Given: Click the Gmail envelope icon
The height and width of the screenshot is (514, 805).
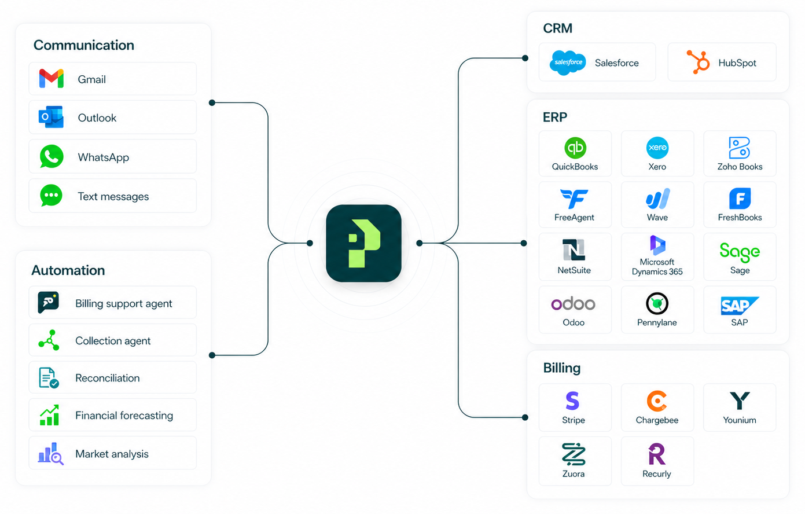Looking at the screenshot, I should click(x=52, y=79).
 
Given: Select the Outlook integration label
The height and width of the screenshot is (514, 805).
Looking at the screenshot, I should click(x=97, y=118).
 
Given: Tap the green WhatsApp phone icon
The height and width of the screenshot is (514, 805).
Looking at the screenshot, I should click(x=52, y=157).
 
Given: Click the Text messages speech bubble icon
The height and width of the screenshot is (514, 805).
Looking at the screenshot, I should click(x=52, y=196).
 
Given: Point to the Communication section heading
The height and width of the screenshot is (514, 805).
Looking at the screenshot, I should click(x=84, y=45).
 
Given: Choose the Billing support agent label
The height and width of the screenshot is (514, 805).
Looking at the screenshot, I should click(x=123, y=303).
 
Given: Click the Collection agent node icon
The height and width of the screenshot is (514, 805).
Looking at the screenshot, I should click(x=49, y=340).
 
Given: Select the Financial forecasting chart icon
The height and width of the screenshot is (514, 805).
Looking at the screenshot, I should click(x=49, y=415).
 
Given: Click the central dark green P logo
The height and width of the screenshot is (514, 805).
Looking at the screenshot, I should click(x=363, y=243).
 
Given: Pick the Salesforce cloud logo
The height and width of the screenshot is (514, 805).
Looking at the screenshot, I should click(x=568, y=63).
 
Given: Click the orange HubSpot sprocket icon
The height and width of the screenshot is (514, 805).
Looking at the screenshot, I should click(x=699, y=62).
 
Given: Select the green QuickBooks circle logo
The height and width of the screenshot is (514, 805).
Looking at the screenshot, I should click(x=575, y=148).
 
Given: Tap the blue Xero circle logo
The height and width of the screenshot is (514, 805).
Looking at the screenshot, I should click(x=657, y=148).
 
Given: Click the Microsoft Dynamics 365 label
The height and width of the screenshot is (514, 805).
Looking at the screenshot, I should click(x=657, y=267).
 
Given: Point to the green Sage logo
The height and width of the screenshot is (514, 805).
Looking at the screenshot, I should click(x=740, y=252).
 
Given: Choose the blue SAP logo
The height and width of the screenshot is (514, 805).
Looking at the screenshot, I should click(x=739, y=305).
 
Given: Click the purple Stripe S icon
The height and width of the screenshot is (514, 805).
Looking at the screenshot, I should click(x=572, y=401).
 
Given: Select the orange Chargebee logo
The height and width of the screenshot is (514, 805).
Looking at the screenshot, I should click(x=657, y=401).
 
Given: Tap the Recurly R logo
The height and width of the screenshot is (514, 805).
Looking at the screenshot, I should click(x=657, y=454).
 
